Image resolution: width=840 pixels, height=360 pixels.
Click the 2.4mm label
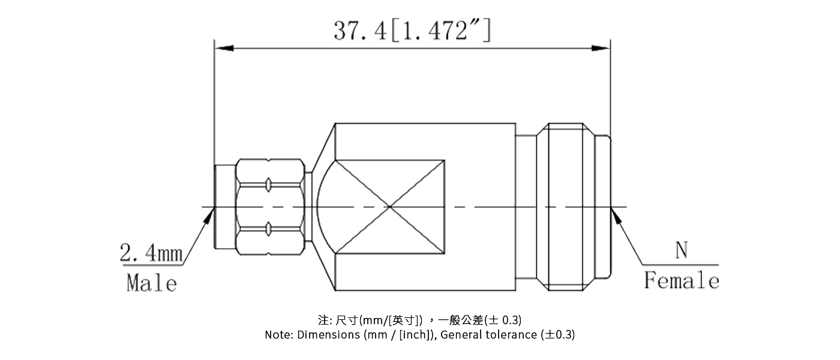click(x=151, y=254)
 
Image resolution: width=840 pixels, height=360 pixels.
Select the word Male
click(x=151, y=282)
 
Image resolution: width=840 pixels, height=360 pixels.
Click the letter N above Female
click(x=681, y=251)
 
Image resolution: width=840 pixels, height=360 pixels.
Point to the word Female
click(x=681, y=280)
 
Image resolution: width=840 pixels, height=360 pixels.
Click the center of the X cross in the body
click(x=390, y=208)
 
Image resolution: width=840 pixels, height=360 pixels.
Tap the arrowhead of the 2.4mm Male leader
click(x=208, y=216)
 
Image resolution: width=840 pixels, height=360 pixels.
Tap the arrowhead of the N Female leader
click(x=615, y=216)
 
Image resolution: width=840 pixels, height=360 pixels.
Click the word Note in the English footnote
click(x=278, y=335)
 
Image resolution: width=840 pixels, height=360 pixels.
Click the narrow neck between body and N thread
click(x=526, y=208)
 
